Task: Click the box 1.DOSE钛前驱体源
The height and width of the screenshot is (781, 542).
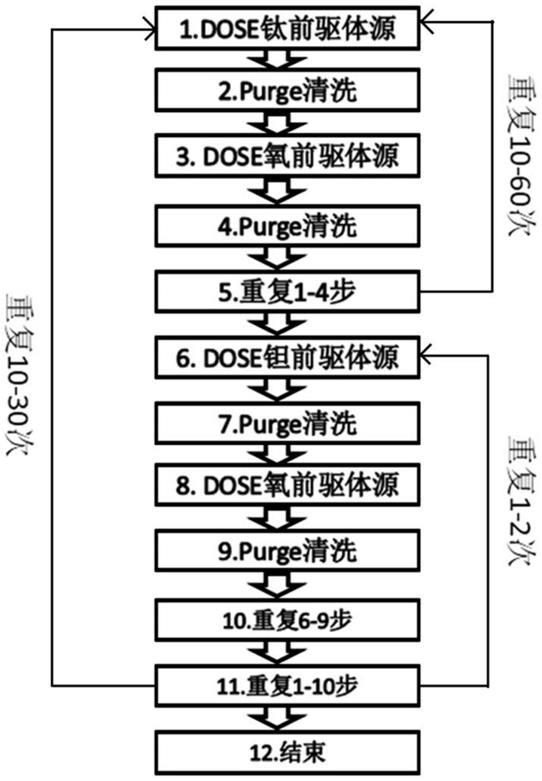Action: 288,29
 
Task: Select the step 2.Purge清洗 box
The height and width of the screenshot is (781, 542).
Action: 288,90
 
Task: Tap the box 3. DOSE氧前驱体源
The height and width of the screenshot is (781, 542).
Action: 288,156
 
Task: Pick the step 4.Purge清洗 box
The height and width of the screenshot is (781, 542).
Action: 288,226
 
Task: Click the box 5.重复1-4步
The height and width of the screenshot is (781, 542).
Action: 288,292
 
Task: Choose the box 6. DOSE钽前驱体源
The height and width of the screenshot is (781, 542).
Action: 288,357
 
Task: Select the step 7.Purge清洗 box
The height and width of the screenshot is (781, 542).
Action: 288,424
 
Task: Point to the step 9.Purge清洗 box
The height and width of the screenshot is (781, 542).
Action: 288,550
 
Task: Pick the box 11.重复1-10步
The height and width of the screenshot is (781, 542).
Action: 288,686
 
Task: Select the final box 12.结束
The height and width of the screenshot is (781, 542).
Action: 288,752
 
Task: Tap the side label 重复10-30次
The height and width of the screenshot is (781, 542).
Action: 18,373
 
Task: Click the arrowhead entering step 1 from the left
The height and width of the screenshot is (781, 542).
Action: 150,29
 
